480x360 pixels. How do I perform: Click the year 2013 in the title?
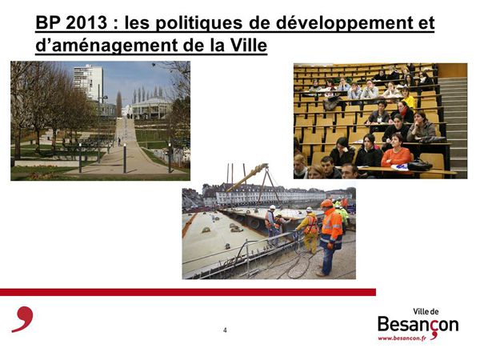[86, 22]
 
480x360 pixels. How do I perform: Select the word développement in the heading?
[342, 23]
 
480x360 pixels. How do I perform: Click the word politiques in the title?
[183, 23]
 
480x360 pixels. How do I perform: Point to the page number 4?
[225, 330]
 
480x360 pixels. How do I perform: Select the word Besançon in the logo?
[418, 325]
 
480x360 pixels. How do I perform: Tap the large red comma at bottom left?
[23, 319]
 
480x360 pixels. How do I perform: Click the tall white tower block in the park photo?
[88, 82]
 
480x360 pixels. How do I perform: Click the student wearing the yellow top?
[408, 98]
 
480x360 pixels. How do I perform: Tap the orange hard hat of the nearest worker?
[326, 203]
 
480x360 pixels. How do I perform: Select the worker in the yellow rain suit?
[309, 230]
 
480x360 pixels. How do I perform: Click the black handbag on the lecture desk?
[419, 166]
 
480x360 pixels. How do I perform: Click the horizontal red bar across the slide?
[188, 292]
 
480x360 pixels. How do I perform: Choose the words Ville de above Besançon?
[426, 312]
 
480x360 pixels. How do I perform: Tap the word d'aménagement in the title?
[107, 46]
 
